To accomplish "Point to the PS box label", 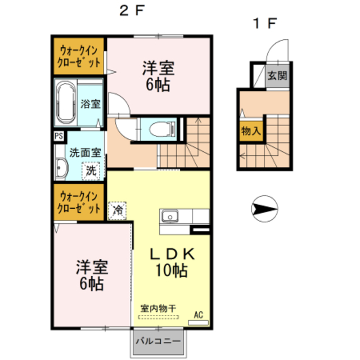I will tap(58, 136).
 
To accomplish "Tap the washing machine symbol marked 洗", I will tap(91, 170).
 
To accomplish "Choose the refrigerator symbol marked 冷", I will tap(118, 211).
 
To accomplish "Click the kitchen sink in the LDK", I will tap(170, 217).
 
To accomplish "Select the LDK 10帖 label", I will tap(172, 262).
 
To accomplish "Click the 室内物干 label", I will tap(158, 308).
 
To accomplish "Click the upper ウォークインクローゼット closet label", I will tap(79, 56).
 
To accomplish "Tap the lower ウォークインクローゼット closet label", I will tap(79, 202).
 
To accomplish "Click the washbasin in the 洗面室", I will tap(61, 167).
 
